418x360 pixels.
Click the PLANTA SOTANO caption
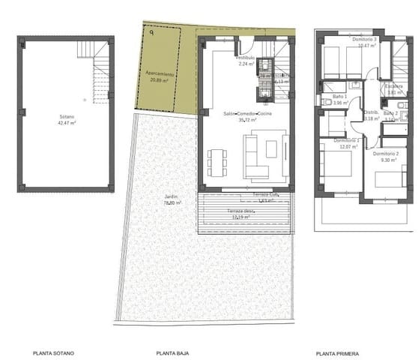[x=53, y=352]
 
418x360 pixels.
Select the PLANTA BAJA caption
[x=172, y=352]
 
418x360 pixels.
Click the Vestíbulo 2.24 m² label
[x=245, y=61]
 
